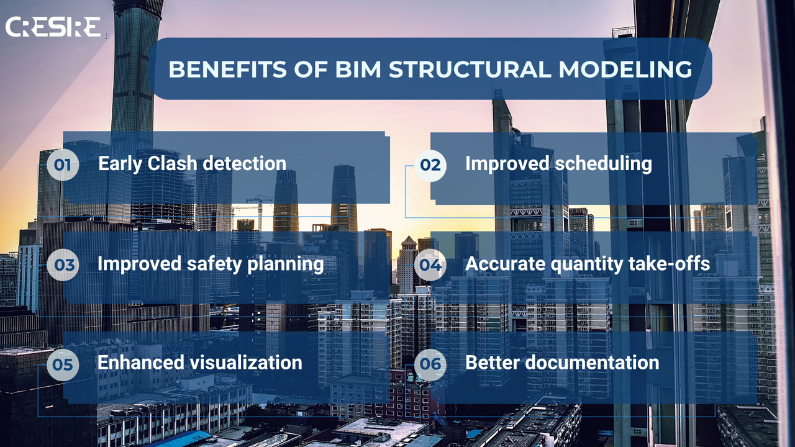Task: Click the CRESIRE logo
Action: click(x=53, y=27)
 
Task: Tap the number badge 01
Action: click(x=63, y=165)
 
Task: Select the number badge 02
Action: click(x=430, y=165)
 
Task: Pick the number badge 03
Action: click(x=63, y=264)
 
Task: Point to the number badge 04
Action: click(x=430, y=264)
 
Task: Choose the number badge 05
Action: click(x=63, y=364)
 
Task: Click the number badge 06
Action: click(x=430, y=364)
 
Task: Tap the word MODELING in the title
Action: click(x=625, y=69)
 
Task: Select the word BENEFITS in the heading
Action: click(x=227, y=69)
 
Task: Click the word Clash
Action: click(x=172, y=163)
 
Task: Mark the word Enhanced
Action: click(x=141, y=363)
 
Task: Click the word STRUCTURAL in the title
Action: click(x=470, y=69)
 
